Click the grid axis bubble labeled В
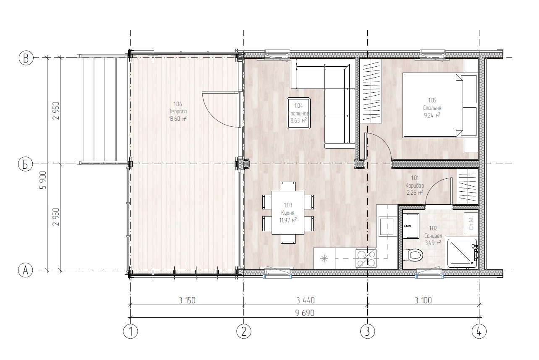pyautogui.click(x=26, y=58)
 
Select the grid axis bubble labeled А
pyautogui.click(x=26, y=270)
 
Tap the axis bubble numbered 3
pyautogui.click(x=367, y=331)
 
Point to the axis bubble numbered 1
pyautogui.click(x=131, y=331)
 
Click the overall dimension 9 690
pyautogui.click(x=305, y=313)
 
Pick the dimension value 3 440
pyautogui.click(x=305, y=300)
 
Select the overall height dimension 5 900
pyautogui.click(x=44, y=180)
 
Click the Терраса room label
pyautogui.click(x=178, y=111)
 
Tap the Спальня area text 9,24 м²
pyautogui.click(x=432, y=115)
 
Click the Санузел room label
pyautogui.click(x=433, y=236)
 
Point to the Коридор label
pyautogui.click(x=415, y=185)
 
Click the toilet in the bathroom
pyautogui.click(x=414, y=255)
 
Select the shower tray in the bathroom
pyautogui.click(x=461, y=254)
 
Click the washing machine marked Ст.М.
pyautogui.click(x=471, y=223)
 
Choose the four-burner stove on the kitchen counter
pyautogui.click(x=366, y=258)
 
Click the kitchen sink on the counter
pyautogui.click(x=387, y=227)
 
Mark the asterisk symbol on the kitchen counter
pyautogui.click(x=324, y=259)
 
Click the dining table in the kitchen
pyautogui.click(x=288, y=213)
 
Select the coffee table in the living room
pyautogui.click(x=298, y=113)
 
